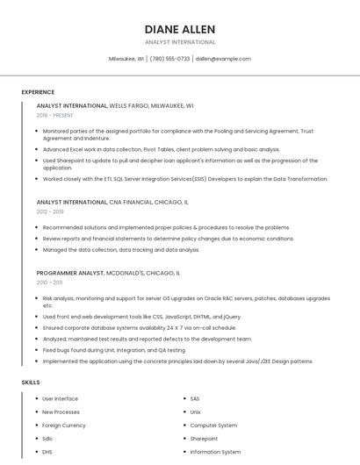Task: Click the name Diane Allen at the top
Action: point(179,29)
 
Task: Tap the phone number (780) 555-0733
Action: point(169,59)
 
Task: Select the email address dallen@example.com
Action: point(223,59)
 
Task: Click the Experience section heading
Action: point(38,92)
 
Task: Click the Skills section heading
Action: point(31,383)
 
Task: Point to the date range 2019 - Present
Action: point(55,115)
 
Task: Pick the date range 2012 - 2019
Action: point(50,211)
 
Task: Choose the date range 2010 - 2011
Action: point(49,283)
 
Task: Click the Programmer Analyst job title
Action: point(70,273)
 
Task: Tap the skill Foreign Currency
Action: point(64,426)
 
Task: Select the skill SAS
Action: point(196,399)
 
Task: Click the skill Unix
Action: point(196,412)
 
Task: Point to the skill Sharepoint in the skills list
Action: point(204,439)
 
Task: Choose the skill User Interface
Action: point(61,399)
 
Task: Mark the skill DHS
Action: point(48,452)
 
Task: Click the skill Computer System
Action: point(214,426)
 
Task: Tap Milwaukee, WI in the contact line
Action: point(126,59)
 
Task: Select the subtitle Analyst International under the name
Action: point(179,42)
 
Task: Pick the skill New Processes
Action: point(61,412)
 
